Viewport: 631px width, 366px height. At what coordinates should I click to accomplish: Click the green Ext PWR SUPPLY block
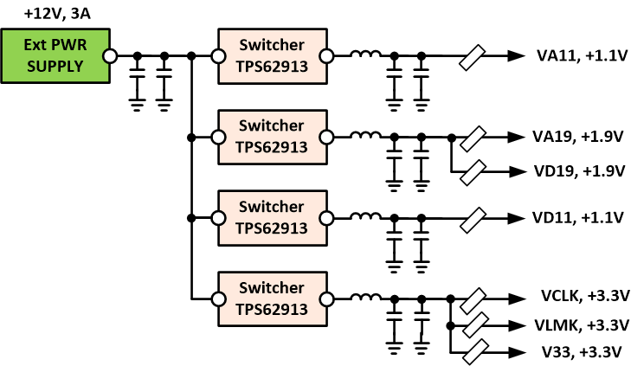pos(54,56)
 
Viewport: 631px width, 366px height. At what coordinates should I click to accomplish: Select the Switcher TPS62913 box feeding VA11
pos(272,56)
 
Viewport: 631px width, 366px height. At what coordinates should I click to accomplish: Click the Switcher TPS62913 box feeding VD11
pos(272,217)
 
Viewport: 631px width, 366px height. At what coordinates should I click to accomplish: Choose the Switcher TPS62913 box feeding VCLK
pos(272,299)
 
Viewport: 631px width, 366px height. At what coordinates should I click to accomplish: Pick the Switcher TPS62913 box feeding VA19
pos(272,137)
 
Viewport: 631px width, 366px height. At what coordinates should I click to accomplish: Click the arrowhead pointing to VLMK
pos(517,326)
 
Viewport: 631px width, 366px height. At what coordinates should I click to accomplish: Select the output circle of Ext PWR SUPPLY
pos(110,56)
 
